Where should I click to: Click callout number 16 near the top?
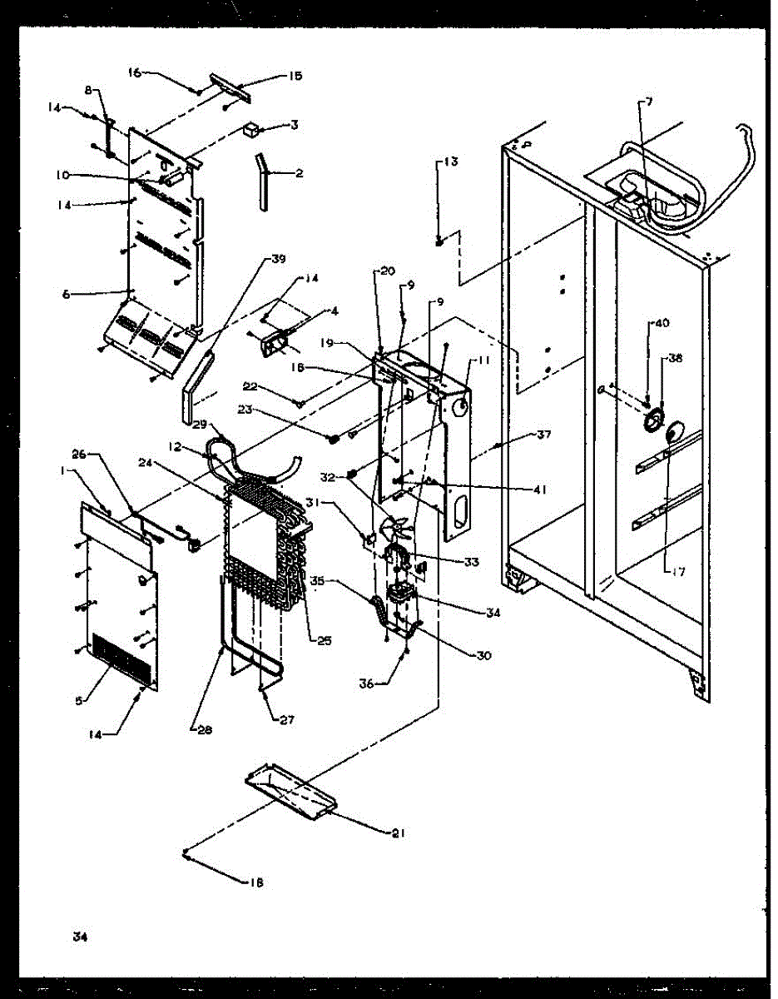[x=135, y=72]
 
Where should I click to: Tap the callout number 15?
[x=295, y=76]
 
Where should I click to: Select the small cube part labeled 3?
[x=251, y=129]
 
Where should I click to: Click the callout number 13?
[x=449, y=162]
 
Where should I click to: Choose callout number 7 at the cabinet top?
[x=648, y=102]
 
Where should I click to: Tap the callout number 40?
[x=661, y=322]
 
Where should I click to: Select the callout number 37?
[x=544, y=433]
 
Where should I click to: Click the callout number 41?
[x=540, y=490]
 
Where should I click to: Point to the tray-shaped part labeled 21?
[x=291, y=791]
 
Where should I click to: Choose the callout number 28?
[x=206, y=730]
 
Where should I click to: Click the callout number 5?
[x=80, y=701]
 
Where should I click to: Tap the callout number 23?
[x=315, y=409]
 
